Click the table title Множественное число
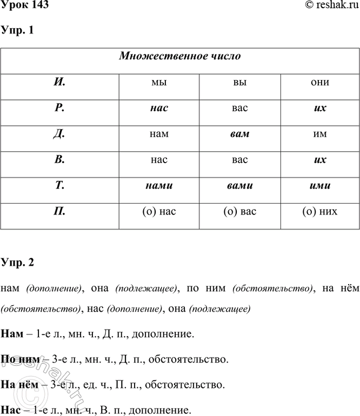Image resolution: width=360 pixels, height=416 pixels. [180, 56]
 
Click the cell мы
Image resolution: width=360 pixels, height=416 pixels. [159, 83]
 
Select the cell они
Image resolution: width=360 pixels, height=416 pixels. [320, 83]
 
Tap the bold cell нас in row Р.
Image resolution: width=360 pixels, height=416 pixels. [159, 108]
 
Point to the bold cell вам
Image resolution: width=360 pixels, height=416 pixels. [239, 133]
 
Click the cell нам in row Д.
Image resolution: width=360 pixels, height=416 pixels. [159, 133]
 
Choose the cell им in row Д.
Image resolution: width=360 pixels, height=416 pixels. [320, 133]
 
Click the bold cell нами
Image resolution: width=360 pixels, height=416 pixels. [159, 186]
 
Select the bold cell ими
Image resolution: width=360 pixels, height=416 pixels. [320, 186]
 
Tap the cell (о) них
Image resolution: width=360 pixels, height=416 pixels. [320, 211]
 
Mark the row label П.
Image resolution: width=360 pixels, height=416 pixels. [60, 211]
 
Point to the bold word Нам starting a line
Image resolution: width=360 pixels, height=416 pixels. [12, 335]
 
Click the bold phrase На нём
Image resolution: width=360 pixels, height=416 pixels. [18, 386]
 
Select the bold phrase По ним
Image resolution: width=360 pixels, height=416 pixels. [19, 360]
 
